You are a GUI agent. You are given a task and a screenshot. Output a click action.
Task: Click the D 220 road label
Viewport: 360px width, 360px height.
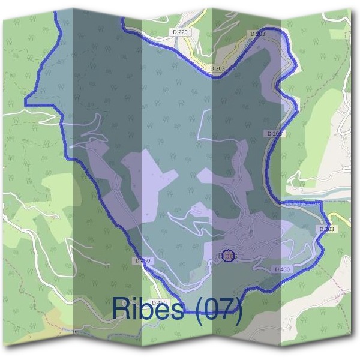(x=179, y=31)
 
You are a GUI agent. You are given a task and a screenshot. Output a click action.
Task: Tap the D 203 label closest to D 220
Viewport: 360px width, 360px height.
(x=217, y=68)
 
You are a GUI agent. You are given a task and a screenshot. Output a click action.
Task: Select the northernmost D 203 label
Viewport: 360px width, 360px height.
(x=257, y=34)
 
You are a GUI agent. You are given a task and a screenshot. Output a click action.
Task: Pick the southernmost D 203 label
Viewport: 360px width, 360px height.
(x=327, y=229)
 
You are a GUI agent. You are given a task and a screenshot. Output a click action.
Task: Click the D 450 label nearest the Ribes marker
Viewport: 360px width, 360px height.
(x=282, y=269)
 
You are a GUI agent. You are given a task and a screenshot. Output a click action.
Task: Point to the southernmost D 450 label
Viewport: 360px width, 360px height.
(x=158, y=302)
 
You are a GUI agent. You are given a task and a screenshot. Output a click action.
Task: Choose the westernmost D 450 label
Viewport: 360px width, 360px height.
(x=143, y=260)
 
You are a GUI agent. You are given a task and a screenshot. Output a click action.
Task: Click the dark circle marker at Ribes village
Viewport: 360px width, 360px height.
(x=228, y=256)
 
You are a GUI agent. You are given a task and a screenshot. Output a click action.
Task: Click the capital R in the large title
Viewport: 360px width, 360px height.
(x=121, y=308)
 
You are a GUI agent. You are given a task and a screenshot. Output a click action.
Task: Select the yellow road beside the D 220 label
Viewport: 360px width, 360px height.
(x=191, y=45)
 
